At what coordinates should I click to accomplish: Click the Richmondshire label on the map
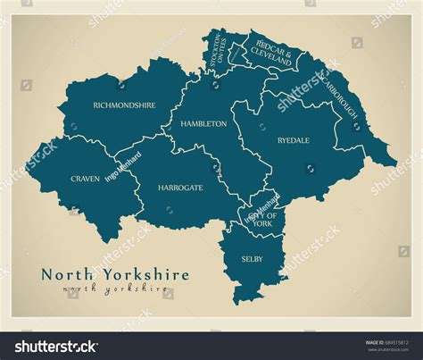[124, 105]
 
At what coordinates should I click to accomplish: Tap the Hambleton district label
[203, 124]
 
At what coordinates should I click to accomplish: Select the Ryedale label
[293, 140]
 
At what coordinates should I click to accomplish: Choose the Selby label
[252, 258]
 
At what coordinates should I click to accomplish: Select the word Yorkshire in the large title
[143, 274]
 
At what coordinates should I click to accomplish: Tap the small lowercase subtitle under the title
[116, 289]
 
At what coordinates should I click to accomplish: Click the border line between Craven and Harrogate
[135, 183]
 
